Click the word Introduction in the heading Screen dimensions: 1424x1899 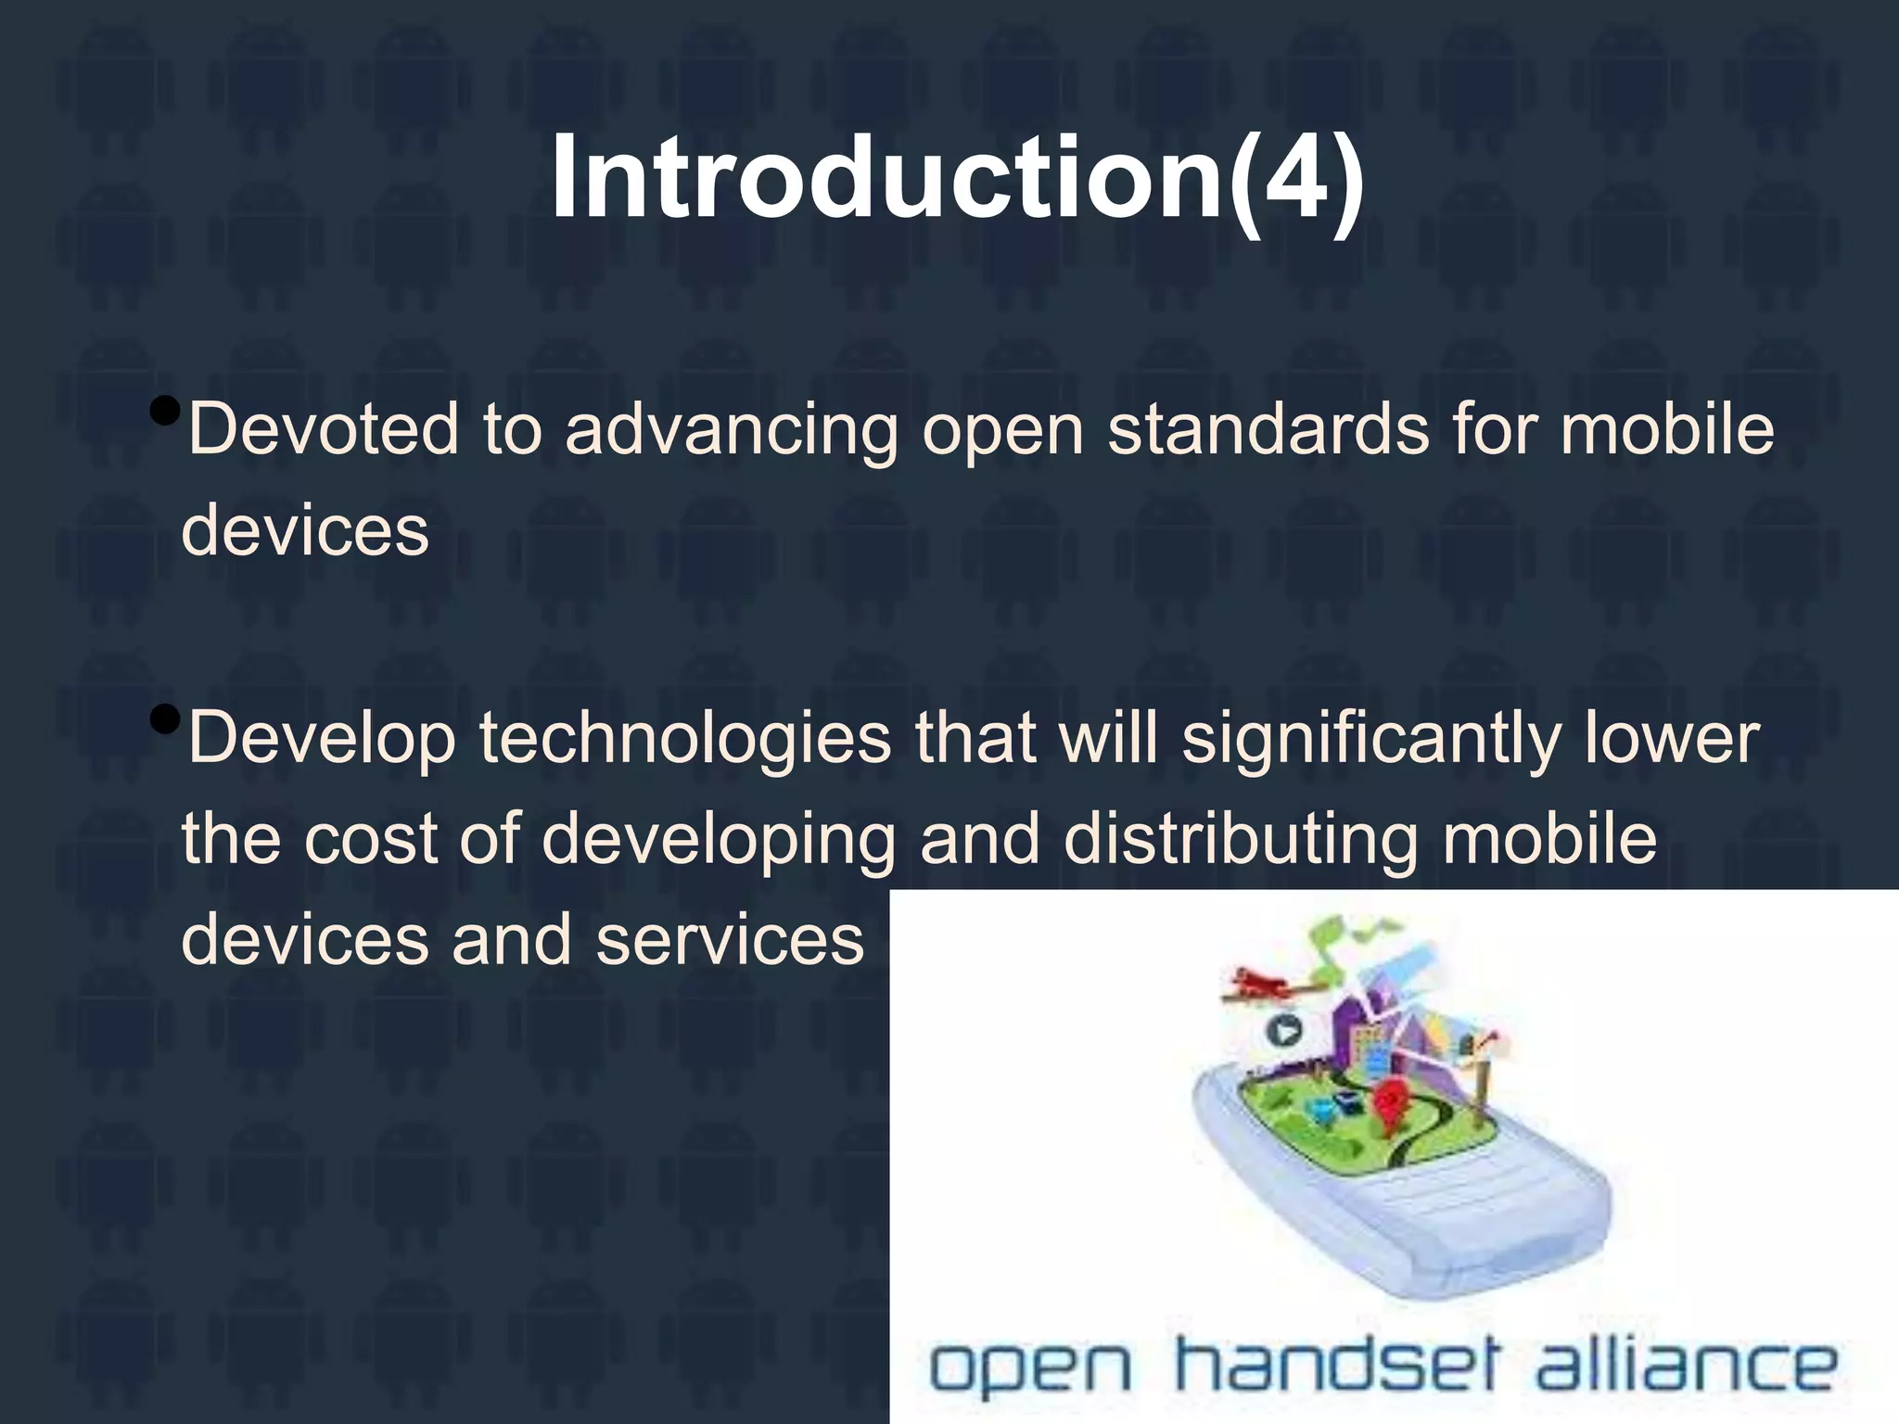click(x=886, y=178)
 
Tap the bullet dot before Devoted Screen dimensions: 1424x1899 click(x=164, y=409)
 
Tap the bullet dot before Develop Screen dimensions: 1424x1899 click(x=164, y=718)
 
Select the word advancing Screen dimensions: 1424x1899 click(x=732, y=431)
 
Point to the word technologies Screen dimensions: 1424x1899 click(x=684, y=739)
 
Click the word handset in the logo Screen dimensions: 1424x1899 click(x=1335, y=1365)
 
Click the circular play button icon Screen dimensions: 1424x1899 click(x=1284, y=1030)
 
